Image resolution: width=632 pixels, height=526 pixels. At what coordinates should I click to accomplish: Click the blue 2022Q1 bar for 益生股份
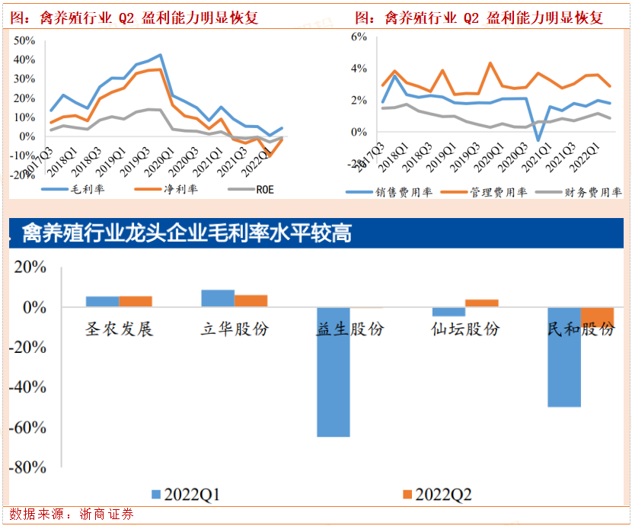click(x=334, y=372)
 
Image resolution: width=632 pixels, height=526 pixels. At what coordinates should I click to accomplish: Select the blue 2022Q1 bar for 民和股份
click(x=564, y=357)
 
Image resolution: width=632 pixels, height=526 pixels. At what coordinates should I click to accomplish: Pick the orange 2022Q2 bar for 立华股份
click(x=251, y=300)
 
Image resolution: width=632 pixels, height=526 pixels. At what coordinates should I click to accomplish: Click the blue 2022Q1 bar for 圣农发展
click(x=102, y=301)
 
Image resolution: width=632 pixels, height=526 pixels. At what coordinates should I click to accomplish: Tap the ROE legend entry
click(x=254, y=188)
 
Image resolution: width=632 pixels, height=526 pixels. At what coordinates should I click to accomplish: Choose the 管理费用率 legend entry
click(x=487, y=192)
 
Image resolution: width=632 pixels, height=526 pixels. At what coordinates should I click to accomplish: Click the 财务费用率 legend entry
click(x=582, y=192)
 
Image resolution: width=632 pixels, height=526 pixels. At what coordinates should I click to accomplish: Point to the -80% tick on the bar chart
click(x=29, y=467)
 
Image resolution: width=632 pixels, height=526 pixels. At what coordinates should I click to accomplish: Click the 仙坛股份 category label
click(x=465, y=329)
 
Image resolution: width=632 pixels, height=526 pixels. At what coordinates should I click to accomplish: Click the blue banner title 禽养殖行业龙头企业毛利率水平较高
click(x=187, y=233)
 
